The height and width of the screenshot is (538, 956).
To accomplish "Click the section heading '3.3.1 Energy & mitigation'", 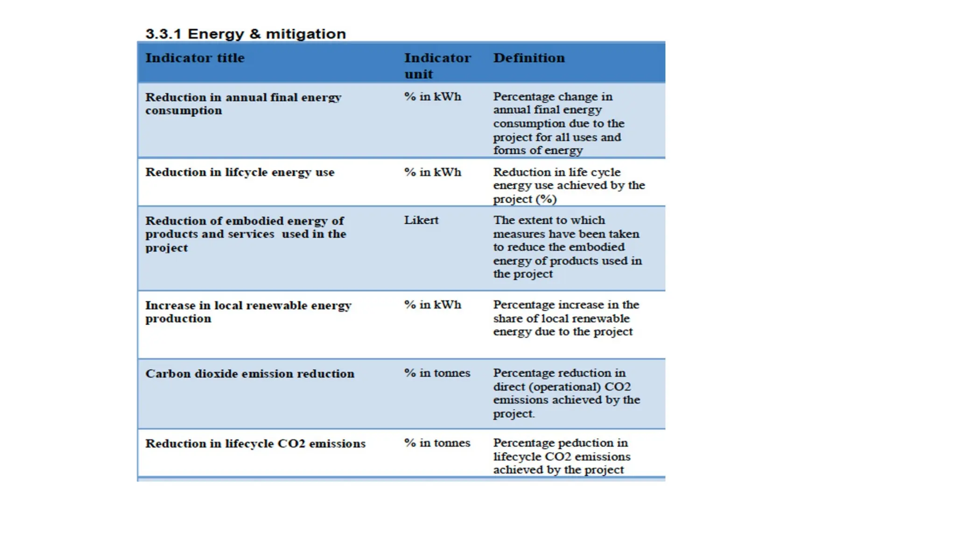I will click(246, 34).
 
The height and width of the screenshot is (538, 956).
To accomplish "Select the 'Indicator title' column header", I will click(195, 58).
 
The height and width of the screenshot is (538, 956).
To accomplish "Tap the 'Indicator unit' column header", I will click(437, 65).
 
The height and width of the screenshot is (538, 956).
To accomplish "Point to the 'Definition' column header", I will click(528, 58).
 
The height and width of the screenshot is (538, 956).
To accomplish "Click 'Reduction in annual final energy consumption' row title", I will click(243, 104).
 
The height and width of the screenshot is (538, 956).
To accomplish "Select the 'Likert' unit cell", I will click(421, 220).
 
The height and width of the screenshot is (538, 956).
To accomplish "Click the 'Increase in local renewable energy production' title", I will click(247, 311).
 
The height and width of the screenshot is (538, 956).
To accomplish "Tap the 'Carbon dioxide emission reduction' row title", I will click(249, 374).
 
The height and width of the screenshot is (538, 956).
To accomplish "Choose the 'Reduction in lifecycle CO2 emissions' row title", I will click(255, 443).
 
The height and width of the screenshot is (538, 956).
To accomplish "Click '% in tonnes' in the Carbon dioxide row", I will click(437, 373).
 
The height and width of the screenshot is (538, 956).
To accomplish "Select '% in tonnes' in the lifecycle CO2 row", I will click(437, 443).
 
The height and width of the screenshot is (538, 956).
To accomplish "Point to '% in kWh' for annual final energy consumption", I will click(432, 97).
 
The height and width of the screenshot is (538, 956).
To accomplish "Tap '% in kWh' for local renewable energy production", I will click(432, 304).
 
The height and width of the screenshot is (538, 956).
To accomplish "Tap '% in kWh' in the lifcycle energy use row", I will click(432, 172).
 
